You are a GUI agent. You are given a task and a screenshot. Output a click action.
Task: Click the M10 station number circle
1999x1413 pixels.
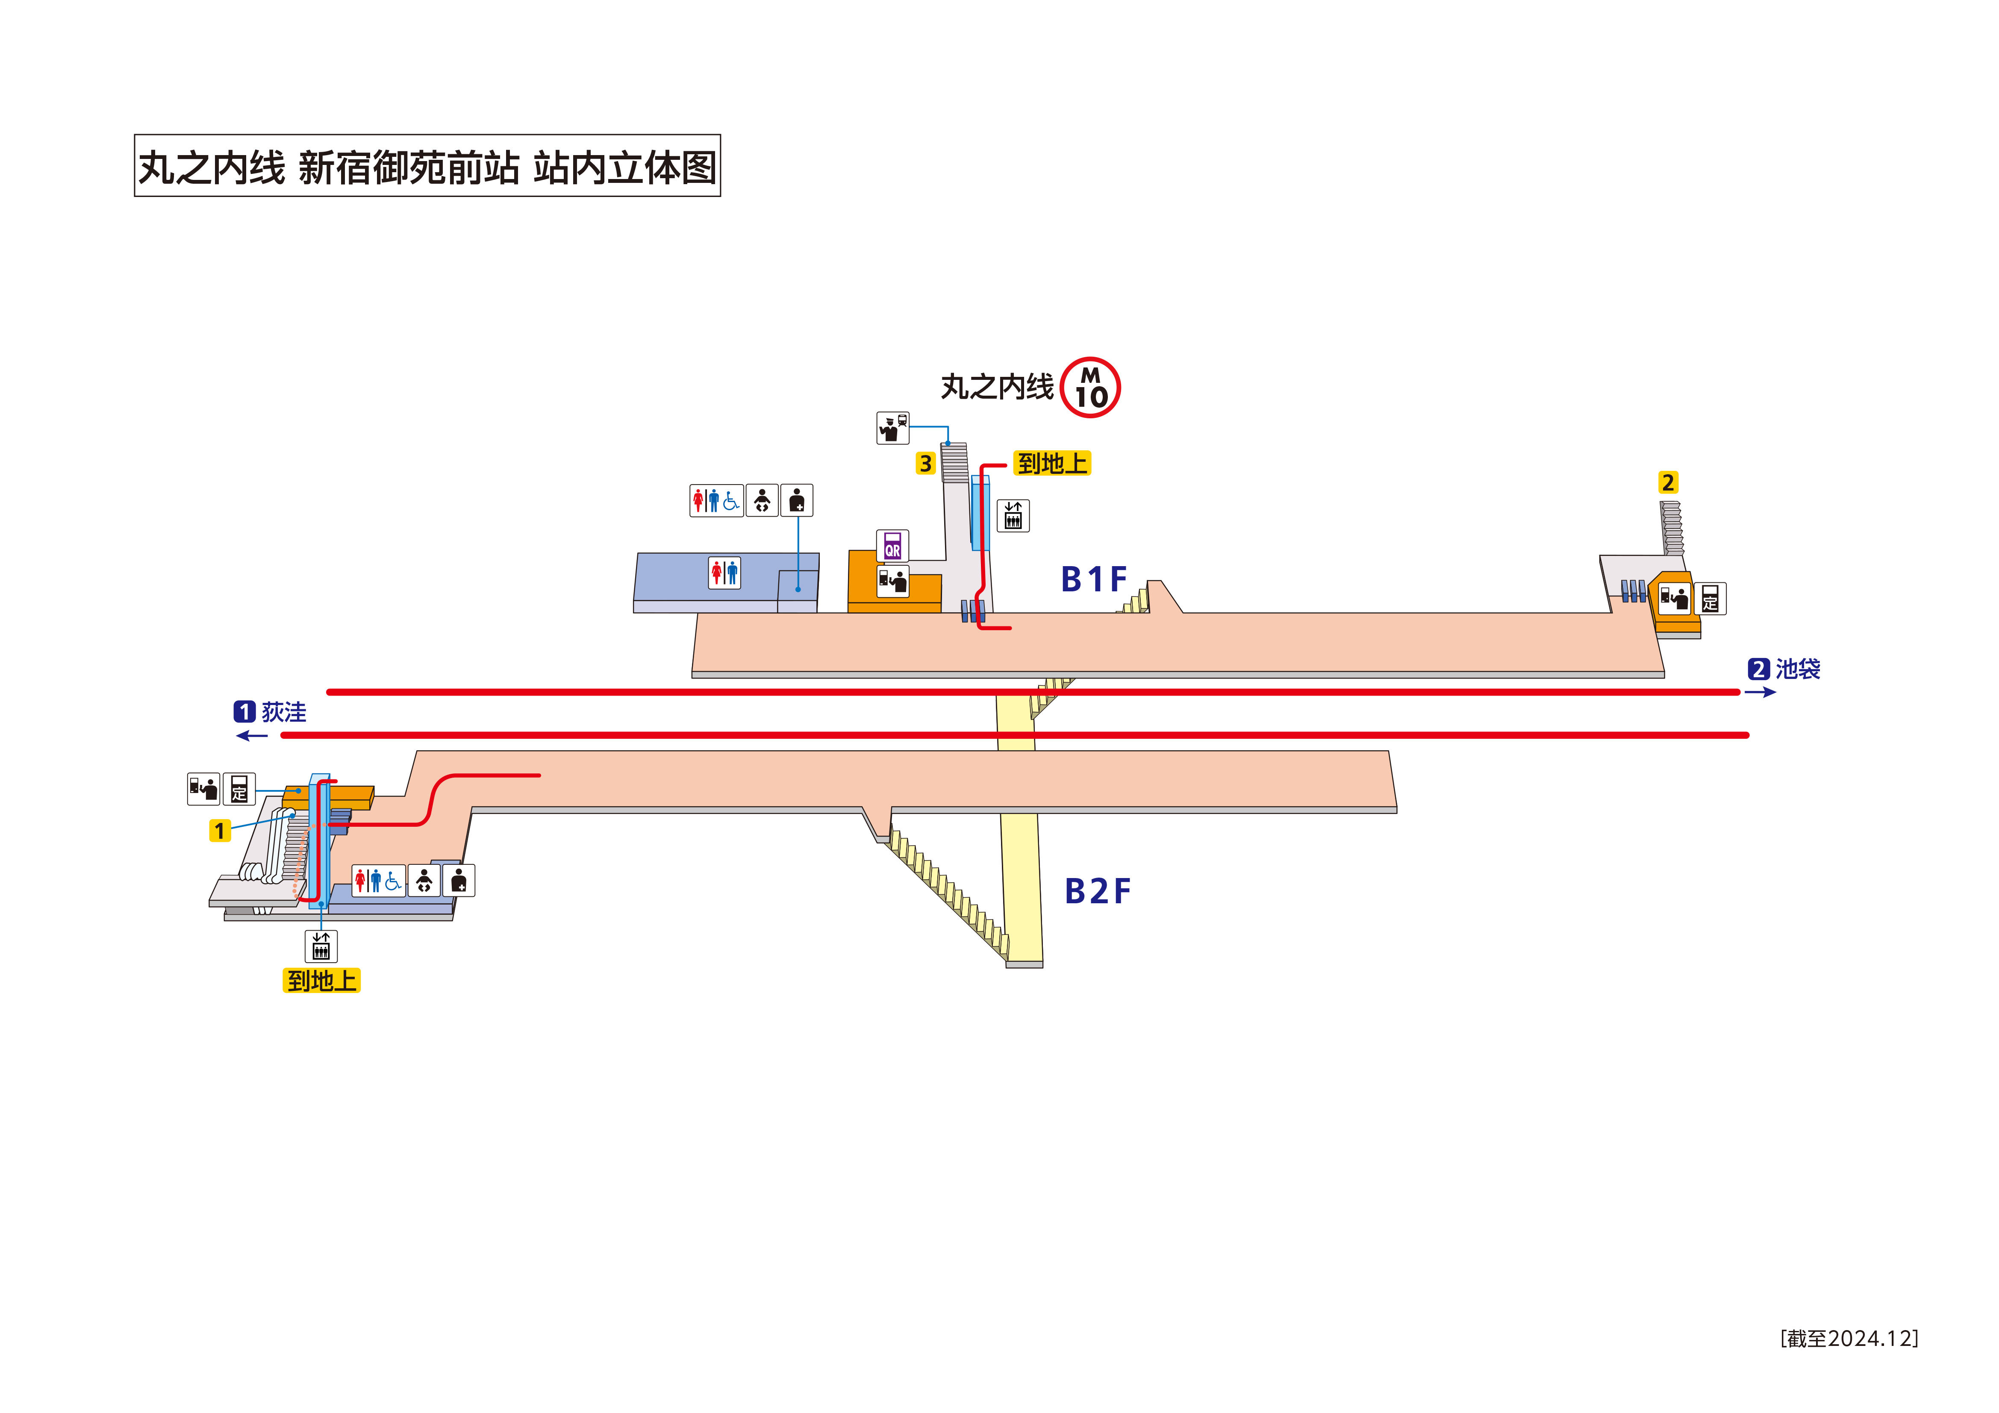1090,388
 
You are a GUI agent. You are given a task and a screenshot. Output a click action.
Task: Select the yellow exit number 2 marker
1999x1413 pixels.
1667,482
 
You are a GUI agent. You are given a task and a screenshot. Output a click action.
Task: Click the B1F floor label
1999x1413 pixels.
1093,579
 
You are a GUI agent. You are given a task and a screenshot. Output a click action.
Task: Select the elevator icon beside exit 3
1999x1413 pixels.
1013,515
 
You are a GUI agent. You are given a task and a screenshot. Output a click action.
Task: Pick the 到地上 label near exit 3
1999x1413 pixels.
1052,463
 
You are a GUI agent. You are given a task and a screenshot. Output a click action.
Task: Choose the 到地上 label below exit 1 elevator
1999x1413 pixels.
321,981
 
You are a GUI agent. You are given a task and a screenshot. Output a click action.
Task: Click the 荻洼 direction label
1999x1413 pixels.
284,712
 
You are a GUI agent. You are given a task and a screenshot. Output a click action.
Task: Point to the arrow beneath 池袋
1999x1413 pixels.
1760,692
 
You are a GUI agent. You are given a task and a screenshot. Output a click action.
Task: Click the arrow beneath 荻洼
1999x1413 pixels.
253,736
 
